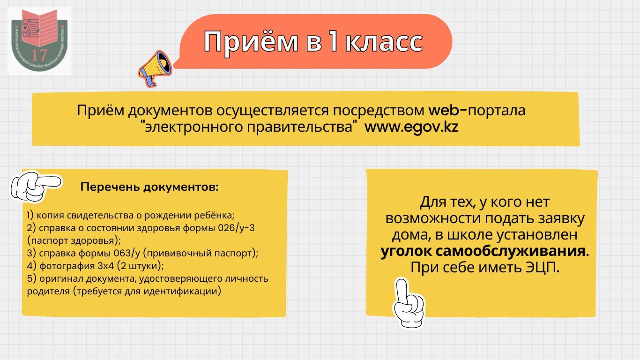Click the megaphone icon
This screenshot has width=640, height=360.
[x=156, y=68]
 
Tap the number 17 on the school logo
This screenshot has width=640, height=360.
[x=39, y=55]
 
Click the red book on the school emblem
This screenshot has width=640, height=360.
[x=39, y=28]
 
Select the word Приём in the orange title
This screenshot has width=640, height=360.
[x=251, y=42]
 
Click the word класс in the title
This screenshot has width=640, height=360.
[x=384, y=42]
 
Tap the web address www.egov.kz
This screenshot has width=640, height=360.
[x=411, y=127]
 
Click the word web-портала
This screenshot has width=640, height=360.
[x=477, y=110]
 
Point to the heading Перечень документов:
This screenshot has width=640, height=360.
[x=149, y=187]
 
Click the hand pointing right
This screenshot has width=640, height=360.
[x=36, y=186]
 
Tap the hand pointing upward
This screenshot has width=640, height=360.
[x=408, y=303]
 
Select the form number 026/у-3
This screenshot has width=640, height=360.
[x=236, y=228]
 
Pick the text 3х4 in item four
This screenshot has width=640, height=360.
[x=106, y=266]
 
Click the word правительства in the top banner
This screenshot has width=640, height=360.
[x=300, y=127]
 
